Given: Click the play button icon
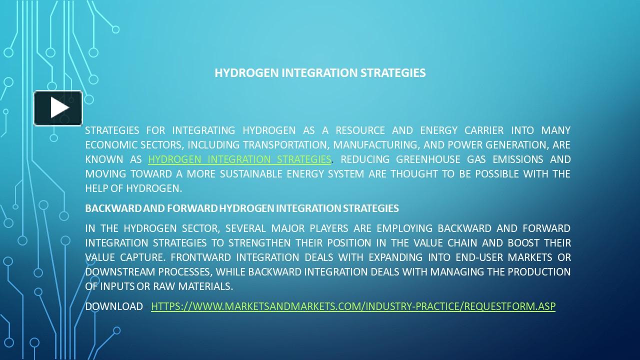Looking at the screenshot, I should point(58,108).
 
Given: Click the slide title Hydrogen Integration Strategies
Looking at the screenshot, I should point(320,73).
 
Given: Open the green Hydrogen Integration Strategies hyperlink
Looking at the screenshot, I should point(239,159).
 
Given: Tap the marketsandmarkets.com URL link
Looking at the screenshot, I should point(353,306).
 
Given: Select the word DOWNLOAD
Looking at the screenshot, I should point(114,306).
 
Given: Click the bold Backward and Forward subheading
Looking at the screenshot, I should point(242,208).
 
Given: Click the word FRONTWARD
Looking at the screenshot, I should point(200,257).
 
